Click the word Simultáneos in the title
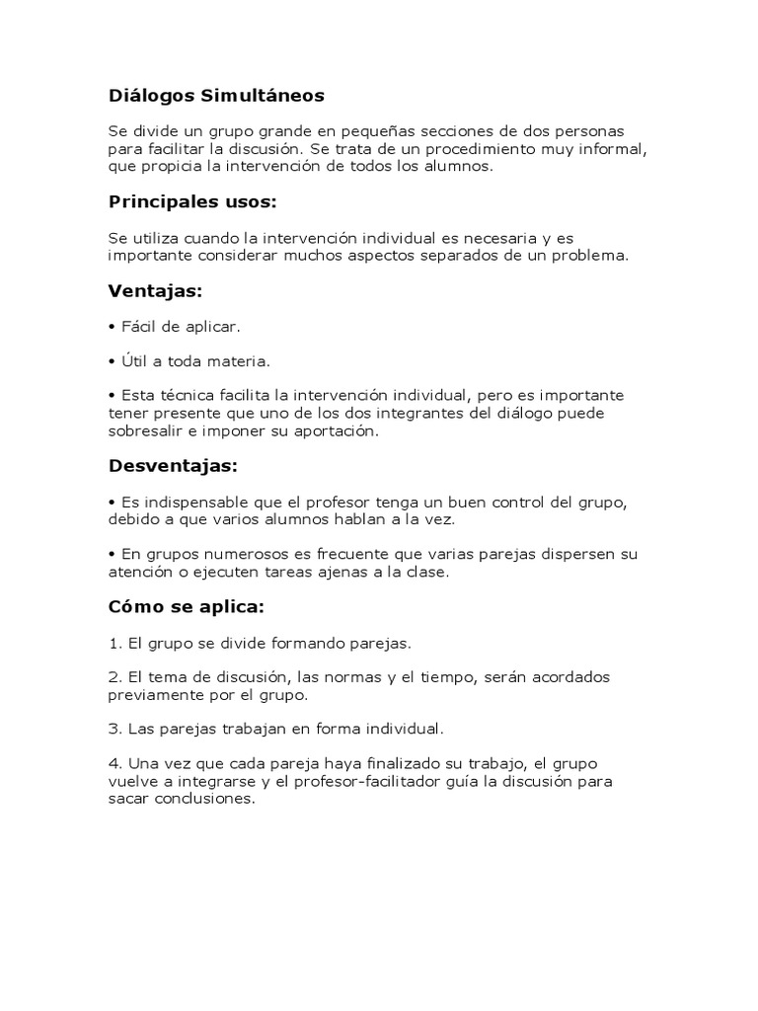[x=262, y=96]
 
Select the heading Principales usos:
[x=192, y=201]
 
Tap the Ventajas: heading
[x=155, y=291]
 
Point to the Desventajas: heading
[x=173, y=464]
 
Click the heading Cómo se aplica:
[x=187, y=605]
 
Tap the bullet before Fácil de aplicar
[x=113, y=326]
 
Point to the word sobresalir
[x=148, y=431]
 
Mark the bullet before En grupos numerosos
[x=113, y=554]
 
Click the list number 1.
[x=114, y=643]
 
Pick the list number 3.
[x=114, y=730]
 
